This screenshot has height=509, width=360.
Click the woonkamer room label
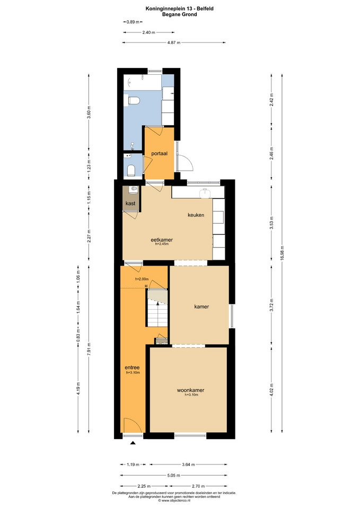point(190,390)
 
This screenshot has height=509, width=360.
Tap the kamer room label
point(201,306)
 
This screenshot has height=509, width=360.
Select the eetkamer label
point(162,240)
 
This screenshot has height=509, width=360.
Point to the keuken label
point(196,215)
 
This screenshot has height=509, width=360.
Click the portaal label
point(160,154)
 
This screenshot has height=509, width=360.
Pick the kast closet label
point(130,204)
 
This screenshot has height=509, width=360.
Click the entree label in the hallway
point(132,367)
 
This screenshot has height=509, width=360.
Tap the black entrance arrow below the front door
point(133,443)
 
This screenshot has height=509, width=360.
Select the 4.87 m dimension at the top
point(174,42)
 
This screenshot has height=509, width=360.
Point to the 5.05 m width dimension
point(174,475)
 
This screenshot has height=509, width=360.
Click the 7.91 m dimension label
point(89,349)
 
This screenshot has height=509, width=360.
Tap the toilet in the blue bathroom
point(134,101)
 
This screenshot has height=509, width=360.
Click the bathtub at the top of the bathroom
point(143,82)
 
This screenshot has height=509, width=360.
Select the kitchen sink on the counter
point(206,194)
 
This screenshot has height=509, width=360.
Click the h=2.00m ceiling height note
point(142,279)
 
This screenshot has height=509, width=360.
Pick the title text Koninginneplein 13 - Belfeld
point(180,9)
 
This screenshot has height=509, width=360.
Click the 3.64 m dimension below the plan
point(188,464)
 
